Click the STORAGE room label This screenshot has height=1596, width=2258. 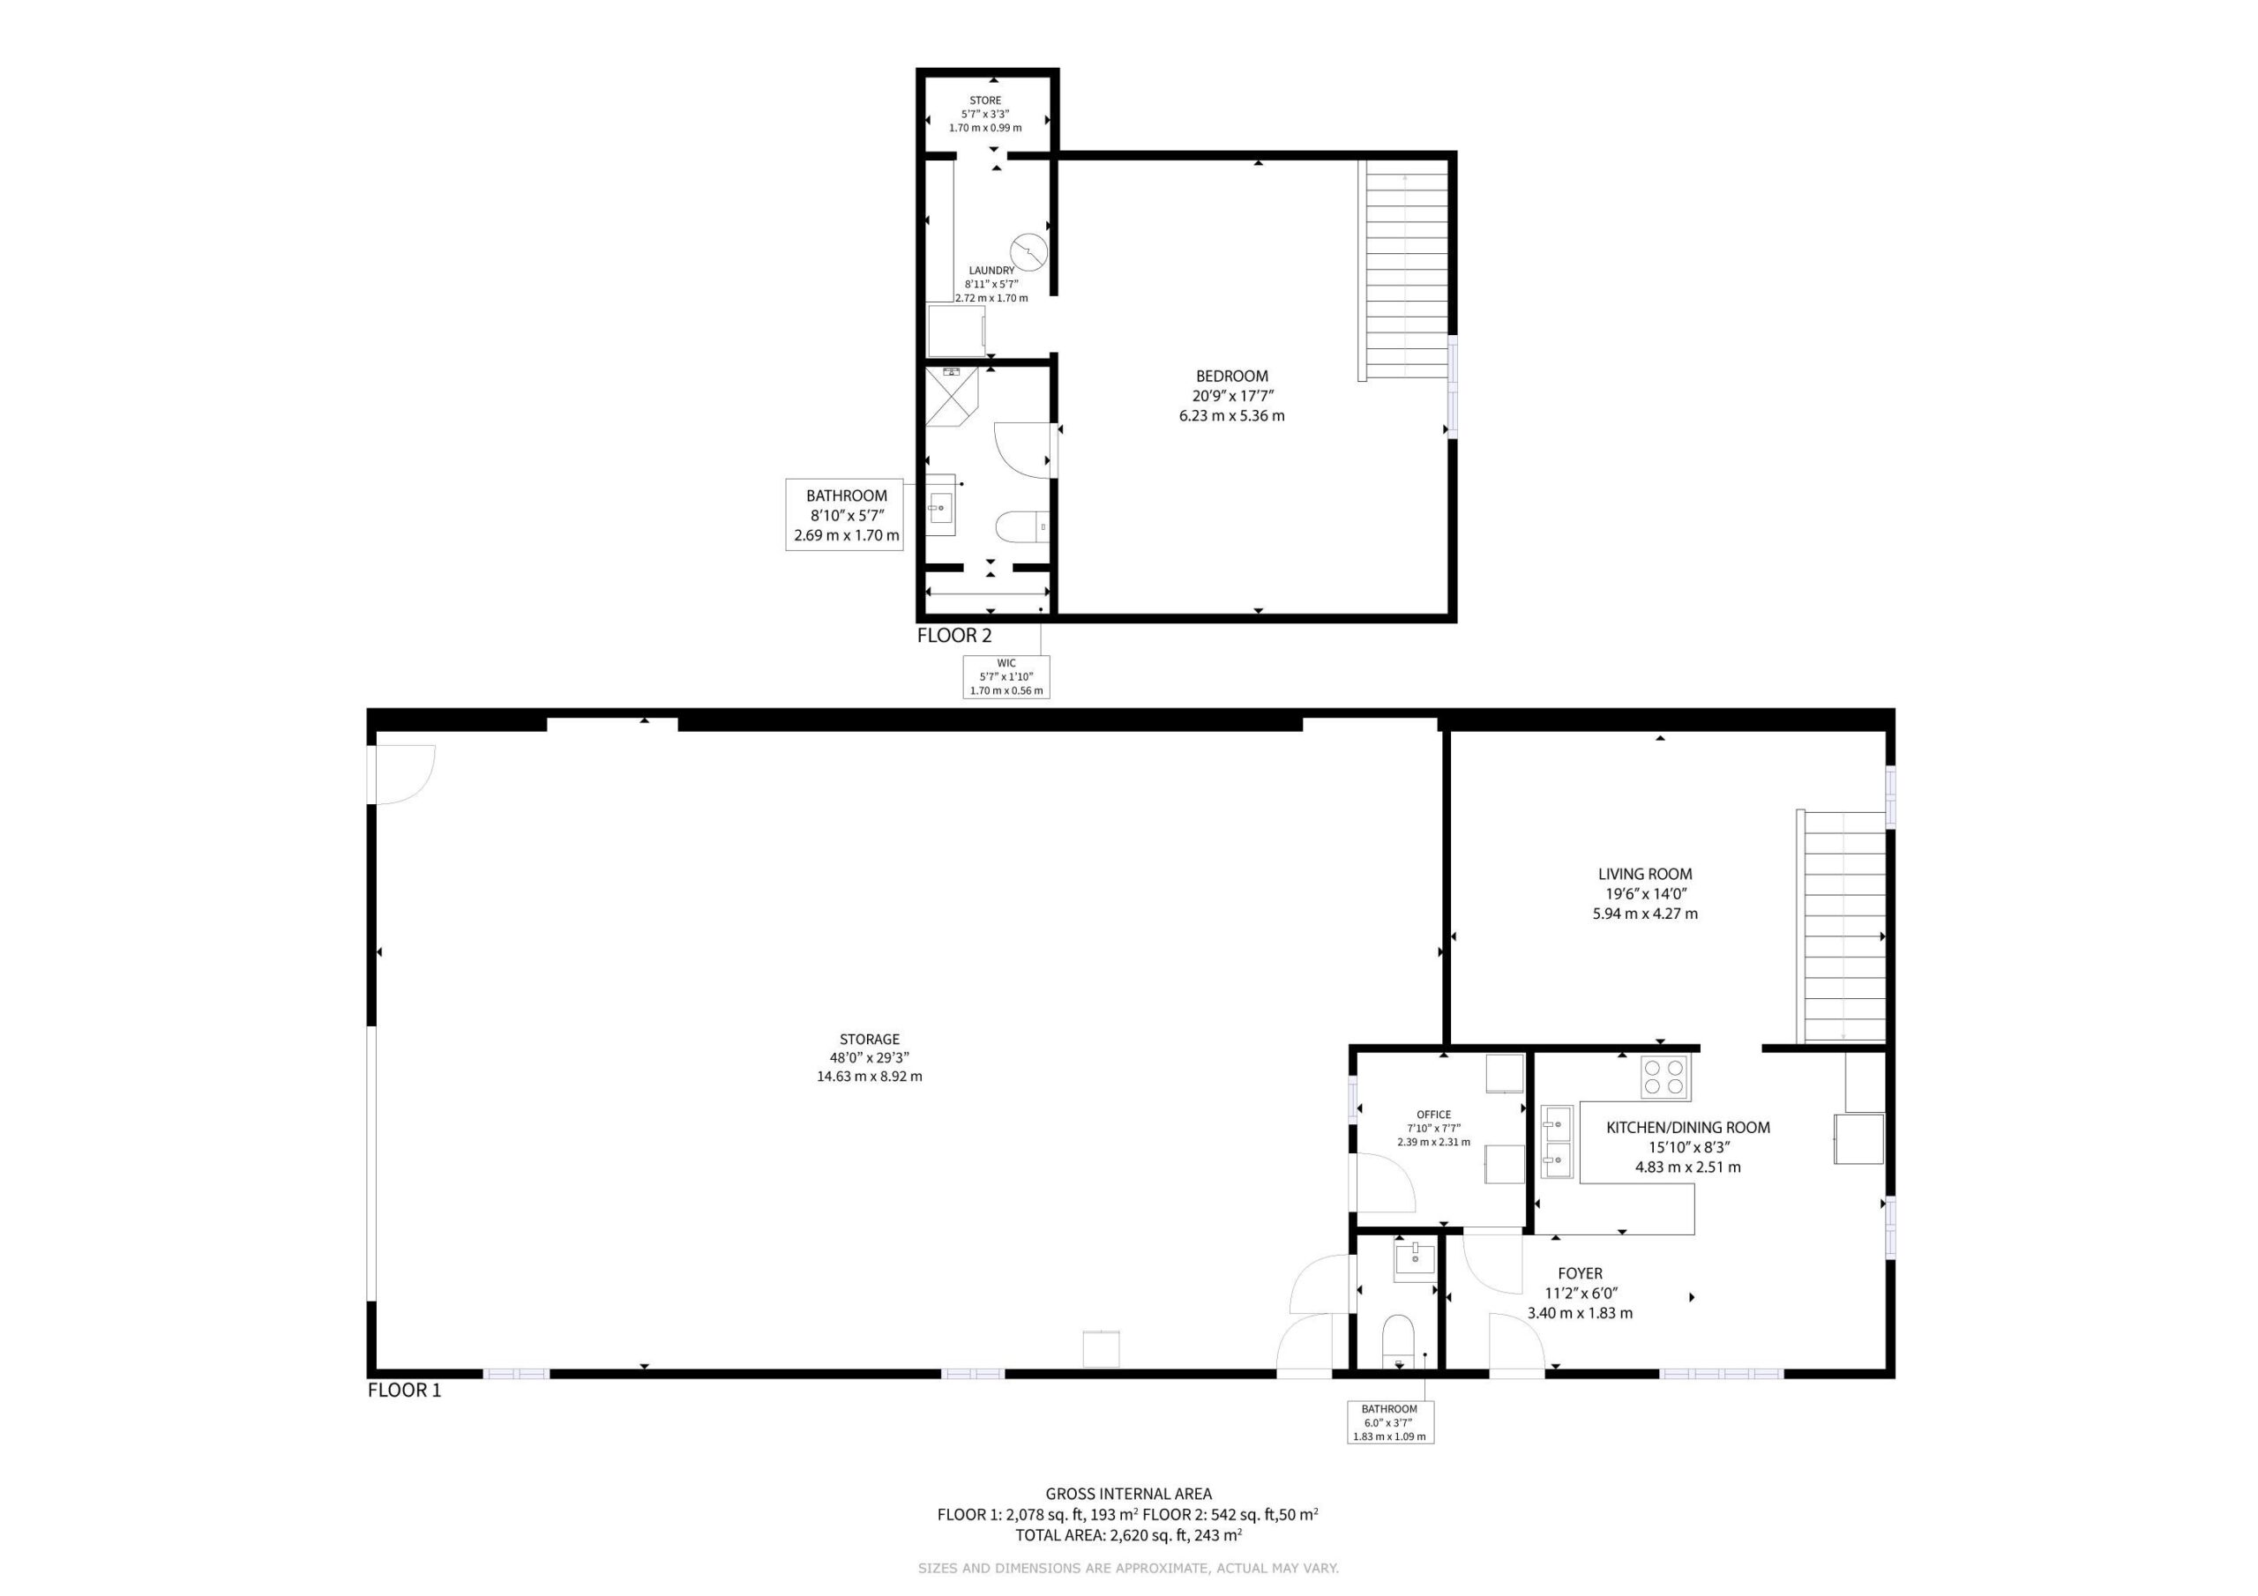[870, 1039]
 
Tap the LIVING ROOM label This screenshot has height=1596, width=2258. [1644, 873]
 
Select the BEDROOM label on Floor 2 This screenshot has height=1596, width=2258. [1231, 376]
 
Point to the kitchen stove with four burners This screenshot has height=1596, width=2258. [1666, 1076]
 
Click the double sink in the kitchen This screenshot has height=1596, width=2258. [1557, 1142]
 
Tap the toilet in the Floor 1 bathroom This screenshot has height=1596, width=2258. [1397, 1341]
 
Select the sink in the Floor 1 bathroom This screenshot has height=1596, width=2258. [1415, 1262]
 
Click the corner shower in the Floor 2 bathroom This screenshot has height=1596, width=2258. [952, 396]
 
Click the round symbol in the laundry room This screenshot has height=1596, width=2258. [1028, 251]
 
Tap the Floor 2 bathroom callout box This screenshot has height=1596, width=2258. [844, 514]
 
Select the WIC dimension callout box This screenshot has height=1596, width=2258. [1006, 676]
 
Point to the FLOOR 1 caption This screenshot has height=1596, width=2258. [404, 1390]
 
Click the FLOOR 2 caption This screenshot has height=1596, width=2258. [954, 635]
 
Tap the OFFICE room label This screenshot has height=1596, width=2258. [1434, 1115]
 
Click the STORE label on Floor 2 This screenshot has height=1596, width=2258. [985, 101]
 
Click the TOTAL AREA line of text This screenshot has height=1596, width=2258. [1128, 1535]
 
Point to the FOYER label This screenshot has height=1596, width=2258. [1580, 1272]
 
